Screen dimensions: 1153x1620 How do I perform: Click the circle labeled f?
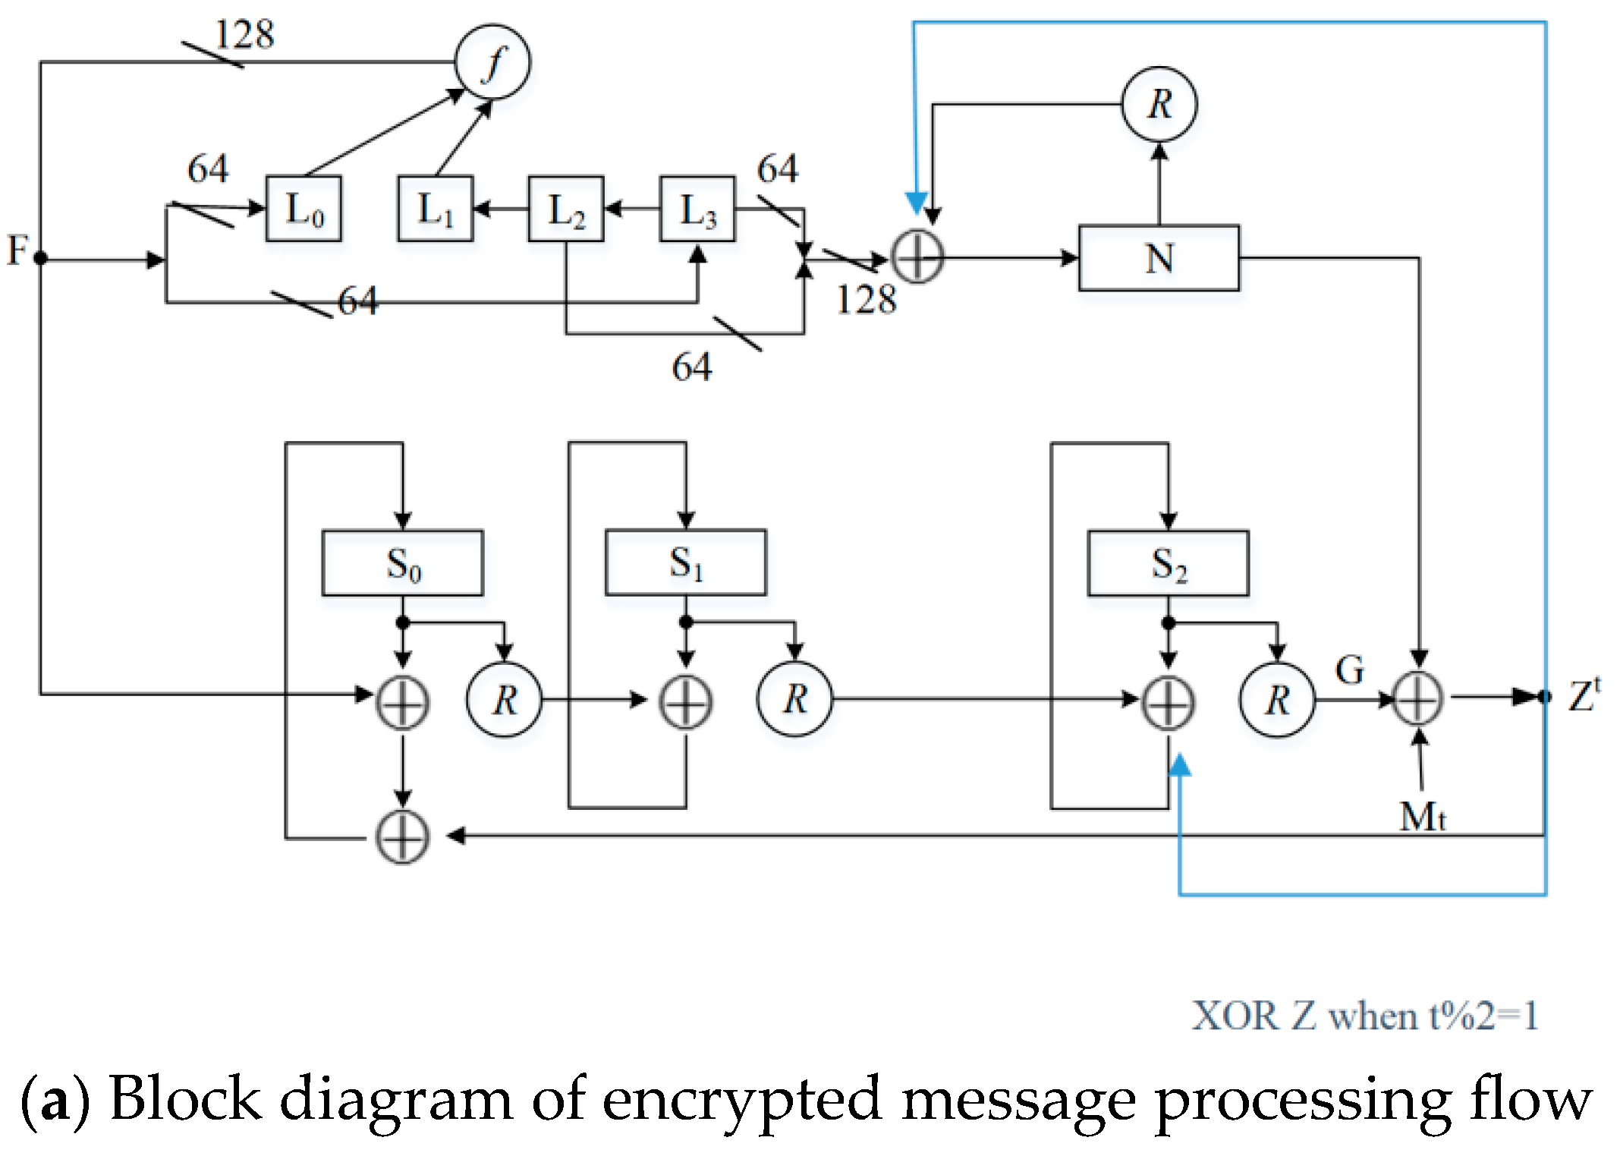point(492,61)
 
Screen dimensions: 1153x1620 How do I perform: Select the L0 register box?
point(304,209)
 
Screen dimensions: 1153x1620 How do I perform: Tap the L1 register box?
point(436,209)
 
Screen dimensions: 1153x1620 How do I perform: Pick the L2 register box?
point(566,209)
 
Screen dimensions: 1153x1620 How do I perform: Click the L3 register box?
point(697,209)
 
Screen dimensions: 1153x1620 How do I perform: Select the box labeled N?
point(1159,258)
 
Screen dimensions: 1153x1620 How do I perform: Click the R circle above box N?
point(1159,104)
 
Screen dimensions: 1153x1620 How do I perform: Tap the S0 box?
point(402,563)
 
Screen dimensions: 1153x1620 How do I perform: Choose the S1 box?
point(685,562)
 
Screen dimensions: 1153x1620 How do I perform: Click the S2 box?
point(1168,563)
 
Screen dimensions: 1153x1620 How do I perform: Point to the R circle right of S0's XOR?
point(505,699)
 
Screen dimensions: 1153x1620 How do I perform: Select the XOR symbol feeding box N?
point(917,257)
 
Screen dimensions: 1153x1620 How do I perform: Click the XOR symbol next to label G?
point(1418,698)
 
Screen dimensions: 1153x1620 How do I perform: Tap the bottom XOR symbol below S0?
point(402,837)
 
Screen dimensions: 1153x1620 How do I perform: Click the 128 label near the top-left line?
point(244,35)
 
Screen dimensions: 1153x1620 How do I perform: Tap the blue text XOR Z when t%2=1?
point(1364,1016)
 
